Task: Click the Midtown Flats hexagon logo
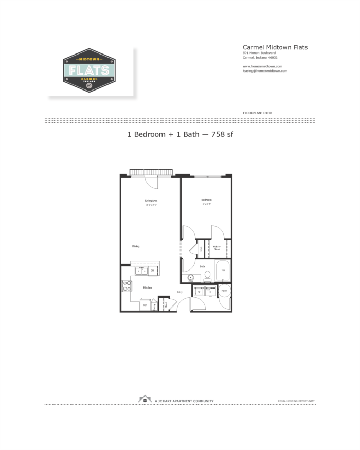pyautogui.click(x=89, y=70)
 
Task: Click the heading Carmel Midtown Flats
pyautogui.click(x=275, y=47)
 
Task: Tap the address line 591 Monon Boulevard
pyautogui.click(x=259, y=53)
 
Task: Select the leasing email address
pyautogui.click(x=265, y=71)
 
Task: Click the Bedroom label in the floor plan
pyautogui.click(x=206, y=199)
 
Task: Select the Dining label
pyautogui.click(x=136, y=246)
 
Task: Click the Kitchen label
pyautogui.click(x=147, y=287)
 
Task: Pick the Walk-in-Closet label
pyautogui.click(x=217, y=248)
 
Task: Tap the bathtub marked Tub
pyautogui.click(x=222, y=270)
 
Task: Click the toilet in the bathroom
pyautogui.click(x=207, y=276)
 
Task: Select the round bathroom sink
pyautogui.click(x=191, y=278)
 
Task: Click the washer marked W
pyautogui.click(x=199, y=292)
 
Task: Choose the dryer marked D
pyautogui.click(x=210, y=292)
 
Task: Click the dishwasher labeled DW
pyautogui.click(x=152, y=270)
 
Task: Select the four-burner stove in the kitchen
pyautogui.click(x=126, y=285)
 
